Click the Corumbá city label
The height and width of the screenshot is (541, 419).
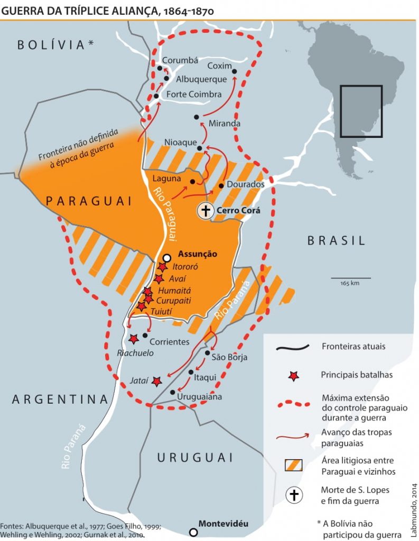pos(180,60)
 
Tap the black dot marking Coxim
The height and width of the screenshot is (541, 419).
pos(234,71)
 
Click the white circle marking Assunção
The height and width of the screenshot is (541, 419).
pos(167,257)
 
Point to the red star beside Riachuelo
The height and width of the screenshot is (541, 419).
pos(134,338)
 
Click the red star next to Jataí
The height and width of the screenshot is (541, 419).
pos(156,380)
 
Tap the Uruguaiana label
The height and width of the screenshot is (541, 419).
pos(200,396)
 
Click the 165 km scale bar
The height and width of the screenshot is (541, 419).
pos(350,277)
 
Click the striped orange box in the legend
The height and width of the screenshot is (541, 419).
pos(293,465)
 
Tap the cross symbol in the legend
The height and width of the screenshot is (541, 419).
pos(294,495)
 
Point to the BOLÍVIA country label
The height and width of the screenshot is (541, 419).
pos(55,45)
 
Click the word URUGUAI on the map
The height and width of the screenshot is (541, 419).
pos(195,457)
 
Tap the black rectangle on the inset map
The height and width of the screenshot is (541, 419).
pos(361,111)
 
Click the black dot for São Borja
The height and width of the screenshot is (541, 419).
pos(208,353)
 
